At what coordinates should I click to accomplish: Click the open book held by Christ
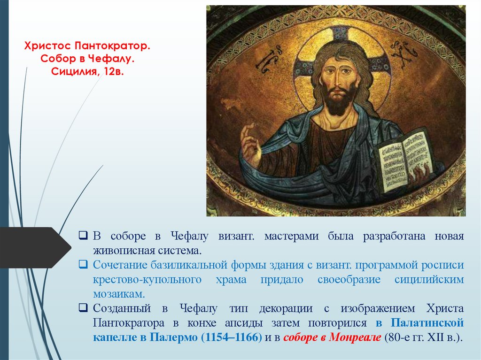point(404,159)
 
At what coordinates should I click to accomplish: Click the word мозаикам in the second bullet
point(119,294)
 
